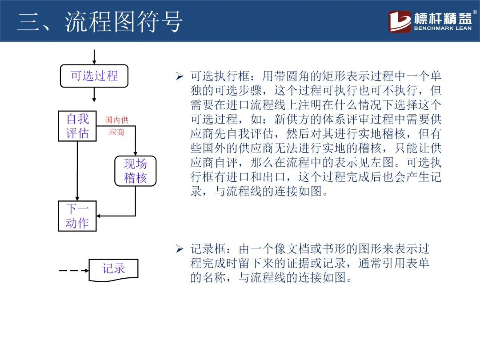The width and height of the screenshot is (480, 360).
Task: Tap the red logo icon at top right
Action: click(x=400, y=21)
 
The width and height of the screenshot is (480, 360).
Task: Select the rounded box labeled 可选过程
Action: click(x=94, y=76)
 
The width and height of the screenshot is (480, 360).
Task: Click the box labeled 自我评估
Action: click(x=77, y=126)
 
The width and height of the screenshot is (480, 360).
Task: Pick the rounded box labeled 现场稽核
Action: click(x=135, y=171)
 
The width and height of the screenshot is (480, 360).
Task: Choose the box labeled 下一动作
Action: click(x=77, y=216)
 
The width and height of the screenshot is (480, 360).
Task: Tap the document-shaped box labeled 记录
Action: click(x=114, y=269)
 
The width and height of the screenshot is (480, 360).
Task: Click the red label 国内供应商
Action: click(x=116, y=126)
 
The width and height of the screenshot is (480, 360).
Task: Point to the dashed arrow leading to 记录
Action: click(x=74, y=270)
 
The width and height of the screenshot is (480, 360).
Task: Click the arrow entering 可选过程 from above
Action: click(x=94, y=57)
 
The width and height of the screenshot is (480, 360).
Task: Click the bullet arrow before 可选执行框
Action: click(x=180, y=77)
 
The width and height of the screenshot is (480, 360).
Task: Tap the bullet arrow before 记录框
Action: click(x=180, y=249)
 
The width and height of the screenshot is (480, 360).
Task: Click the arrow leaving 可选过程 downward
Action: click(x=94, y=95)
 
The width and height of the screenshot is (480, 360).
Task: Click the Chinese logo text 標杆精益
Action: click(x=443, y=18)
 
